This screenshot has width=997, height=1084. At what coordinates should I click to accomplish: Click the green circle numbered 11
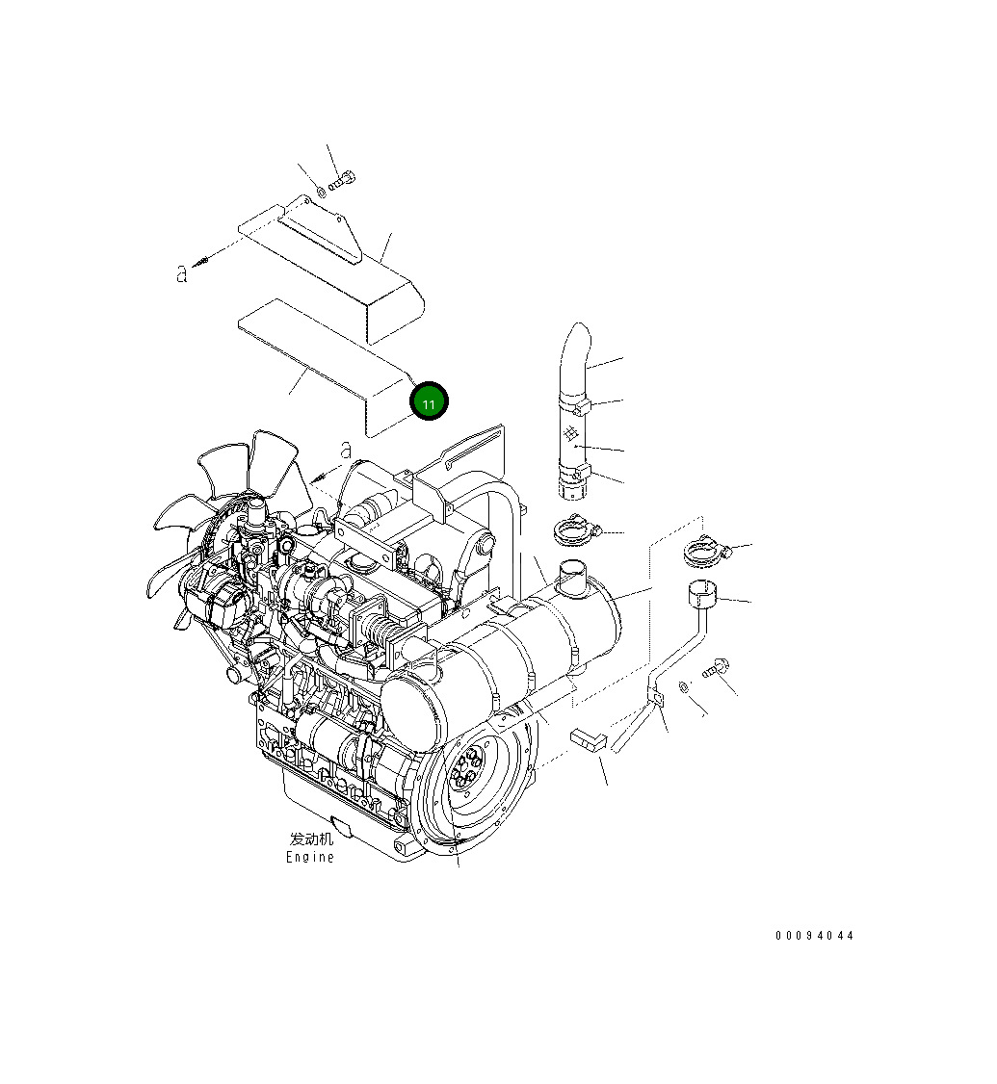click(428, 402)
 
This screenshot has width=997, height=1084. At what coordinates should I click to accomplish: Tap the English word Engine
click(310, 858)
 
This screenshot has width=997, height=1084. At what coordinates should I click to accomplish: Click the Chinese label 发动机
click(311, 839)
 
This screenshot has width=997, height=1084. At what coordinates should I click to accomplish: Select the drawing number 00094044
click(815, 936)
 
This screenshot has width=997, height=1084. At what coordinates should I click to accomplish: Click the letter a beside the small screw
click(181, 274)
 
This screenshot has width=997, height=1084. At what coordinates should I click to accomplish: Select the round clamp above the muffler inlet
click(577, 529)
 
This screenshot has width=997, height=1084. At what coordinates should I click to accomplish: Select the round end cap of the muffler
click(412, 709)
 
